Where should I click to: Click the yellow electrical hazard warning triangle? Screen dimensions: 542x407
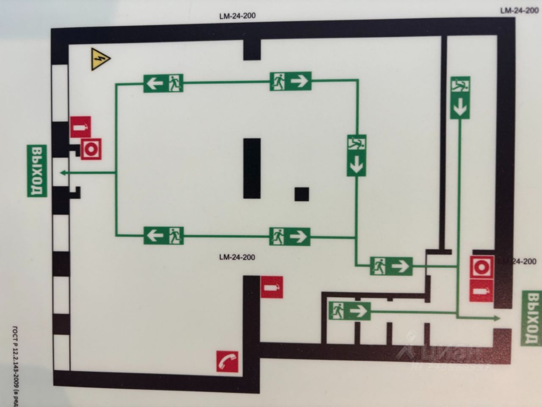click(x=100, y=60)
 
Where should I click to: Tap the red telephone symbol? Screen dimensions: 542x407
click(x=227, y=361)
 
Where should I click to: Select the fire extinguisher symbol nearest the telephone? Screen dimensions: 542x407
click(x=271, y=287)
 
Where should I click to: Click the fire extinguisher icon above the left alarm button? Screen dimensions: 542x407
click(x=80, y=127)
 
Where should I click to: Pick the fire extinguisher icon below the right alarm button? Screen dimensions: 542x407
click(x=481, y=291)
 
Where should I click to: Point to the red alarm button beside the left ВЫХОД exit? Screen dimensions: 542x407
click(x=91, y=148)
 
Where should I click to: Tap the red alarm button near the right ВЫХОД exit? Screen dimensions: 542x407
click(x=481, y=268)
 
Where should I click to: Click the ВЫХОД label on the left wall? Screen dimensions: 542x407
click(x=37, y=171)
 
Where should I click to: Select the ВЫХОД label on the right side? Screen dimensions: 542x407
click(x=532, y=318)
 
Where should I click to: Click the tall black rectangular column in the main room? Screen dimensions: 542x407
click(x=252, y=168)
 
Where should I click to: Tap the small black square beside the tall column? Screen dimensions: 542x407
click(x=302, y=194)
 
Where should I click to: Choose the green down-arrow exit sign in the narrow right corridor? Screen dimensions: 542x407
click(x=460, y=98)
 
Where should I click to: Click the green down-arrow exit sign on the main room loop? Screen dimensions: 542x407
click(x=357, y=156)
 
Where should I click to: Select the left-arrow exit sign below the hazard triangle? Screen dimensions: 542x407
click(x=163, y=83)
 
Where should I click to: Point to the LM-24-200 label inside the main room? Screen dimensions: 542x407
click(x=237, y=257)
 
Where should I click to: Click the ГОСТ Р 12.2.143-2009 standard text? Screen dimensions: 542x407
click(x=16, y=365)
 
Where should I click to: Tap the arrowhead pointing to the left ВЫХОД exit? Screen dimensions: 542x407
click(x=63, y=173)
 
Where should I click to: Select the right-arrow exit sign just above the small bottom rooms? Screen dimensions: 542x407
click(x=350, y=311)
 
